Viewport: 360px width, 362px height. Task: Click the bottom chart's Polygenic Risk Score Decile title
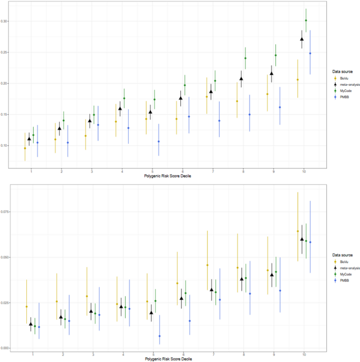pyautogui.click(x=168, y=358)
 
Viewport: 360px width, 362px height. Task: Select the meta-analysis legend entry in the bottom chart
pyautogui.click(x=344, y=268)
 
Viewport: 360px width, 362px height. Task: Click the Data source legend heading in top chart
pyautogui.click(x=342, y=71)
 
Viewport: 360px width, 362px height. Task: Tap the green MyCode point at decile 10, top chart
pyautogui.click(x=306, y=21)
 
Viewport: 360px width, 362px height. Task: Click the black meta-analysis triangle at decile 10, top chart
pyautogui.click(x=302, y=39)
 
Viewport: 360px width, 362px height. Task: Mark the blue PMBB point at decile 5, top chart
pyautogui.click(x=159, y=142)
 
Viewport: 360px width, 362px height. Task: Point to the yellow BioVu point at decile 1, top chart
pyautogui.click(x=25, y=148)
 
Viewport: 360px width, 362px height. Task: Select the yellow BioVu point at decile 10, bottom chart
pyautogui.click(x=297, y=231)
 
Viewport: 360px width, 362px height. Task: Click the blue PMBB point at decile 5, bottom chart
pyautogui.click(x=160, y=336)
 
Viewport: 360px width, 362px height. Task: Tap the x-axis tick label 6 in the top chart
pyautogui.click(x=182, y=172)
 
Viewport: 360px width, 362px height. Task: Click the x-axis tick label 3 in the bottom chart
pyautogui.click(x=93, y=353)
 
